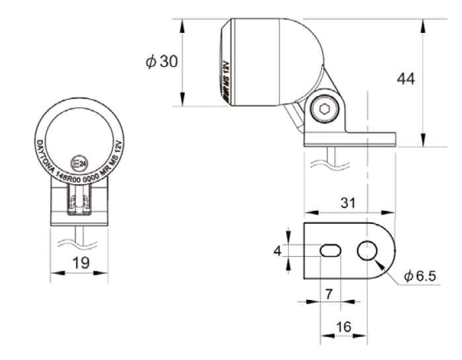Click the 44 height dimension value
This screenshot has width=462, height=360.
406,79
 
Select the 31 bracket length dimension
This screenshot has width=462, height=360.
348,203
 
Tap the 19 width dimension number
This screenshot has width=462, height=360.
81,263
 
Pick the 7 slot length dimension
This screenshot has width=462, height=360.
328,294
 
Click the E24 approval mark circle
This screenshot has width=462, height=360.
79,163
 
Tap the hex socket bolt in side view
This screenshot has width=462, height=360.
324,110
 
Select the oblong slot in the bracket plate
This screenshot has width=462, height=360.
330,250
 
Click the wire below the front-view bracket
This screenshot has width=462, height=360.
79,236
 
